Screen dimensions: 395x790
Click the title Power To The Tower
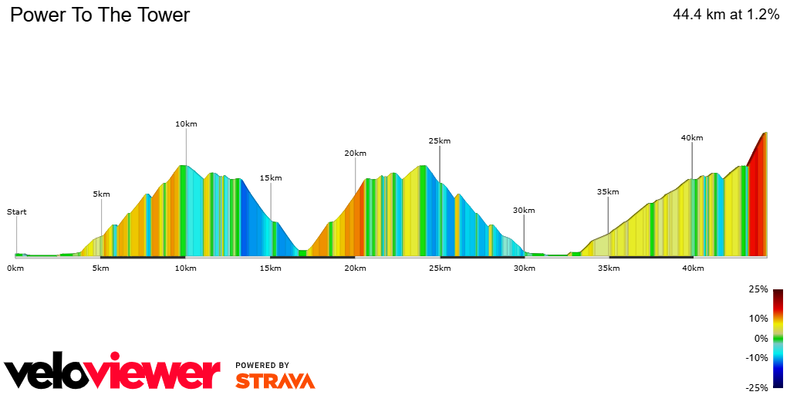(x=100, y=15)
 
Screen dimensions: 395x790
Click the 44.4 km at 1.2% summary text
(x=726, y=15)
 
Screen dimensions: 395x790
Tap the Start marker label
(x=16, y=211)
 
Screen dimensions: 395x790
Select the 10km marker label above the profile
(x=186, y=123)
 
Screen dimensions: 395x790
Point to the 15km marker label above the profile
(x=271, y=177)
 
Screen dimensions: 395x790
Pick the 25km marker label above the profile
(x=439, y=140)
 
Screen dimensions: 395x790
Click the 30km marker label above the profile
(x=524, y=210)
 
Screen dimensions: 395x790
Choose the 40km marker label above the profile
(x=692, y=137)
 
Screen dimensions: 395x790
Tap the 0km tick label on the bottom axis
(x=15, y=268)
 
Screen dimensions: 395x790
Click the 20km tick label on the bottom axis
(x=355, y=268)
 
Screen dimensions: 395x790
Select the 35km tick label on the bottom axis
(x=608, y=268)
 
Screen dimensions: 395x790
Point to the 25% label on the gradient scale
(x=758, y=289)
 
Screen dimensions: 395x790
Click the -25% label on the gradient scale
(x=756, y=388)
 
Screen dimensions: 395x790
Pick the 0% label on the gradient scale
(x=761, y=338)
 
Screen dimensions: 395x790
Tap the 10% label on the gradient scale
(x=759, y=318)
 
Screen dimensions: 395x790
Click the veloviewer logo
(x=113, y=373)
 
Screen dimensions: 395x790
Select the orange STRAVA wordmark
(x=275, y=380)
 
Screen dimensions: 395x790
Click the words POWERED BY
(x=262, y=365)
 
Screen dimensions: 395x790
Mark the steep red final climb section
(x=758, y=201)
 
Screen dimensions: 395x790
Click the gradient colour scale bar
(x=778, y=338)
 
